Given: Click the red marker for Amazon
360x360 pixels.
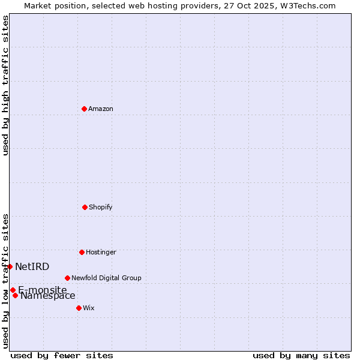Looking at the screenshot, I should (84, 109).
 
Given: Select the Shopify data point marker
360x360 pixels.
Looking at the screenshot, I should (85, 207).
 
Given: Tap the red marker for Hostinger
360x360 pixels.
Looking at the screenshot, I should (82, 252).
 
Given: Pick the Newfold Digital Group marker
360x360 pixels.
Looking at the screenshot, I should (67, 278).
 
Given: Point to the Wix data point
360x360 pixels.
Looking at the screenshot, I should (79, 308).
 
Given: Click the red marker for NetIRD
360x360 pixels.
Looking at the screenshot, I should (10, 266).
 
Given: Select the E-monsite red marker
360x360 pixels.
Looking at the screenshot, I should (13, 290).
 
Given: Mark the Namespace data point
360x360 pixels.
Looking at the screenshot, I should (15, 295).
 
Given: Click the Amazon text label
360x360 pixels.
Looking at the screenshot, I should (101, 109).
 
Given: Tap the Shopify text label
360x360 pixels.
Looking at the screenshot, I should (101, 207).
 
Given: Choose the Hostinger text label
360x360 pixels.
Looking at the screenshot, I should (101, 252).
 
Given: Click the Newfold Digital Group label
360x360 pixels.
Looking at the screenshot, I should (106, 278).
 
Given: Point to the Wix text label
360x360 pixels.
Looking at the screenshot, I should (89, 308).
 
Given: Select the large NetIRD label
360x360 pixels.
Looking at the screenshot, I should (32, 266).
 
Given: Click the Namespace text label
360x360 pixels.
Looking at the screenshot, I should (48, 295).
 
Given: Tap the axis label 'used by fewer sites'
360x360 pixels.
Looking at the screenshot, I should (62, 355).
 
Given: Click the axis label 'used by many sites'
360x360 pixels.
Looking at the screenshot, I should (301, 355).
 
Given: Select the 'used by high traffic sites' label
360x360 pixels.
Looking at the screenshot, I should (5, 85).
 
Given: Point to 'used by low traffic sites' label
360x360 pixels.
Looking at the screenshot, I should (5, 281).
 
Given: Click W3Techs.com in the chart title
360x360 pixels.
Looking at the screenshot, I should (305, 5).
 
